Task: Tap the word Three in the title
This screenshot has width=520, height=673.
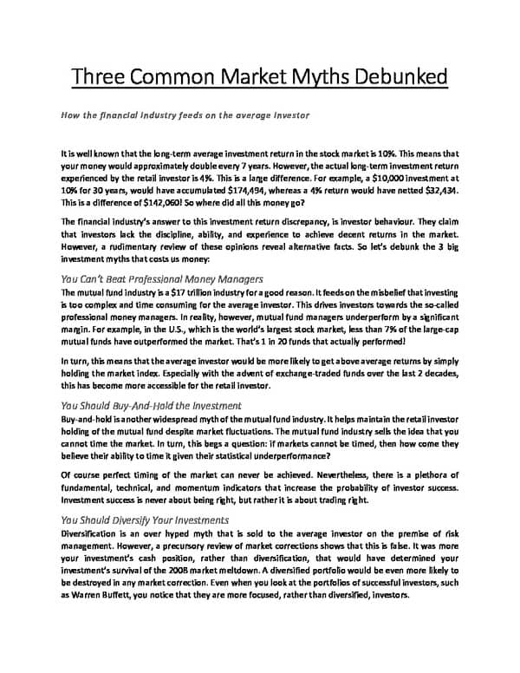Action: (100, 76)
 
